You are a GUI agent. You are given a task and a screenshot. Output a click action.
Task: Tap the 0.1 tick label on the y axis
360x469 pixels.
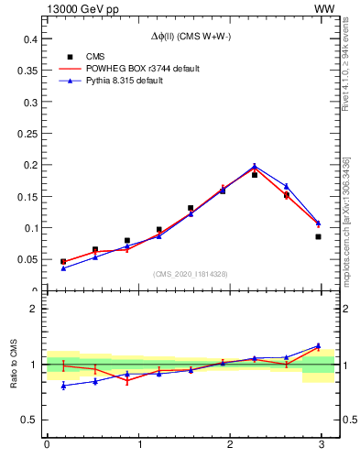28,228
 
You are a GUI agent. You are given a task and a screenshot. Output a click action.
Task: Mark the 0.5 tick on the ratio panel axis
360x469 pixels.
28,420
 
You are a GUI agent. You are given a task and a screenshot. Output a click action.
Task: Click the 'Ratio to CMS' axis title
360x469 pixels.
12,363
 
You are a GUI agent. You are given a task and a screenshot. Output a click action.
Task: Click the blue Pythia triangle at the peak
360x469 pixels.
255,166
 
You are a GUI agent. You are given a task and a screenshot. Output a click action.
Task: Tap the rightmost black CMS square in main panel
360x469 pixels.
318,236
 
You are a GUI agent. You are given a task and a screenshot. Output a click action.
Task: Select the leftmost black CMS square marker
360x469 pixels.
63,261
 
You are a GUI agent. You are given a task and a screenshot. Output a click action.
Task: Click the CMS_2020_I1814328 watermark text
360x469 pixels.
191,274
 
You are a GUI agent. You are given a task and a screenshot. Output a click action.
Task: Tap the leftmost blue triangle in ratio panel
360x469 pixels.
63,386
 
